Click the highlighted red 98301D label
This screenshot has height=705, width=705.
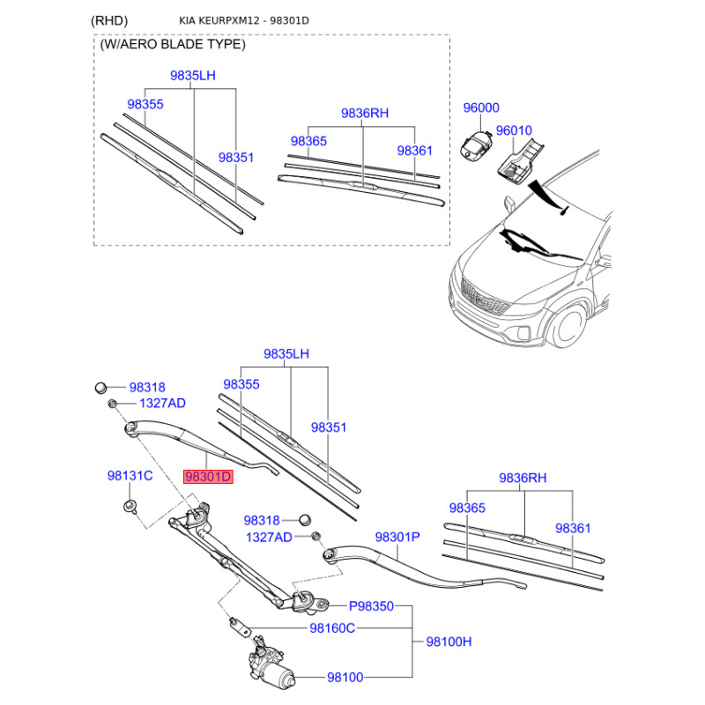coord(208,477)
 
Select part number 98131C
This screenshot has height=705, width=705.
coord(130,476)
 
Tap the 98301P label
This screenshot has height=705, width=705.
coord(397,536)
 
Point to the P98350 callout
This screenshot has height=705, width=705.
coord(371,606)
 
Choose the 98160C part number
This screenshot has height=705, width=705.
coord(331,628)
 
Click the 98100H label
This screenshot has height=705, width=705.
coord(449,642)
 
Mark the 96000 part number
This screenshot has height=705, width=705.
coord(481,108)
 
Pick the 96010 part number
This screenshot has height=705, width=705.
coord(514,130)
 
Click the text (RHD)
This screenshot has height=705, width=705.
coord(109,20)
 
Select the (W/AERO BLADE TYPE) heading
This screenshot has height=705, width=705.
coord(173,44)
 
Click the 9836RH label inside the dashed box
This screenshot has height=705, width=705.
coord(365,113)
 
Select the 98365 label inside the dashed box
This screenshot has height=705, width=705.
coord(309,141)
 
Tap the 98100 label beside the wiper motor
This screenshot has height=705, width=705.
coord(345,678)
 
